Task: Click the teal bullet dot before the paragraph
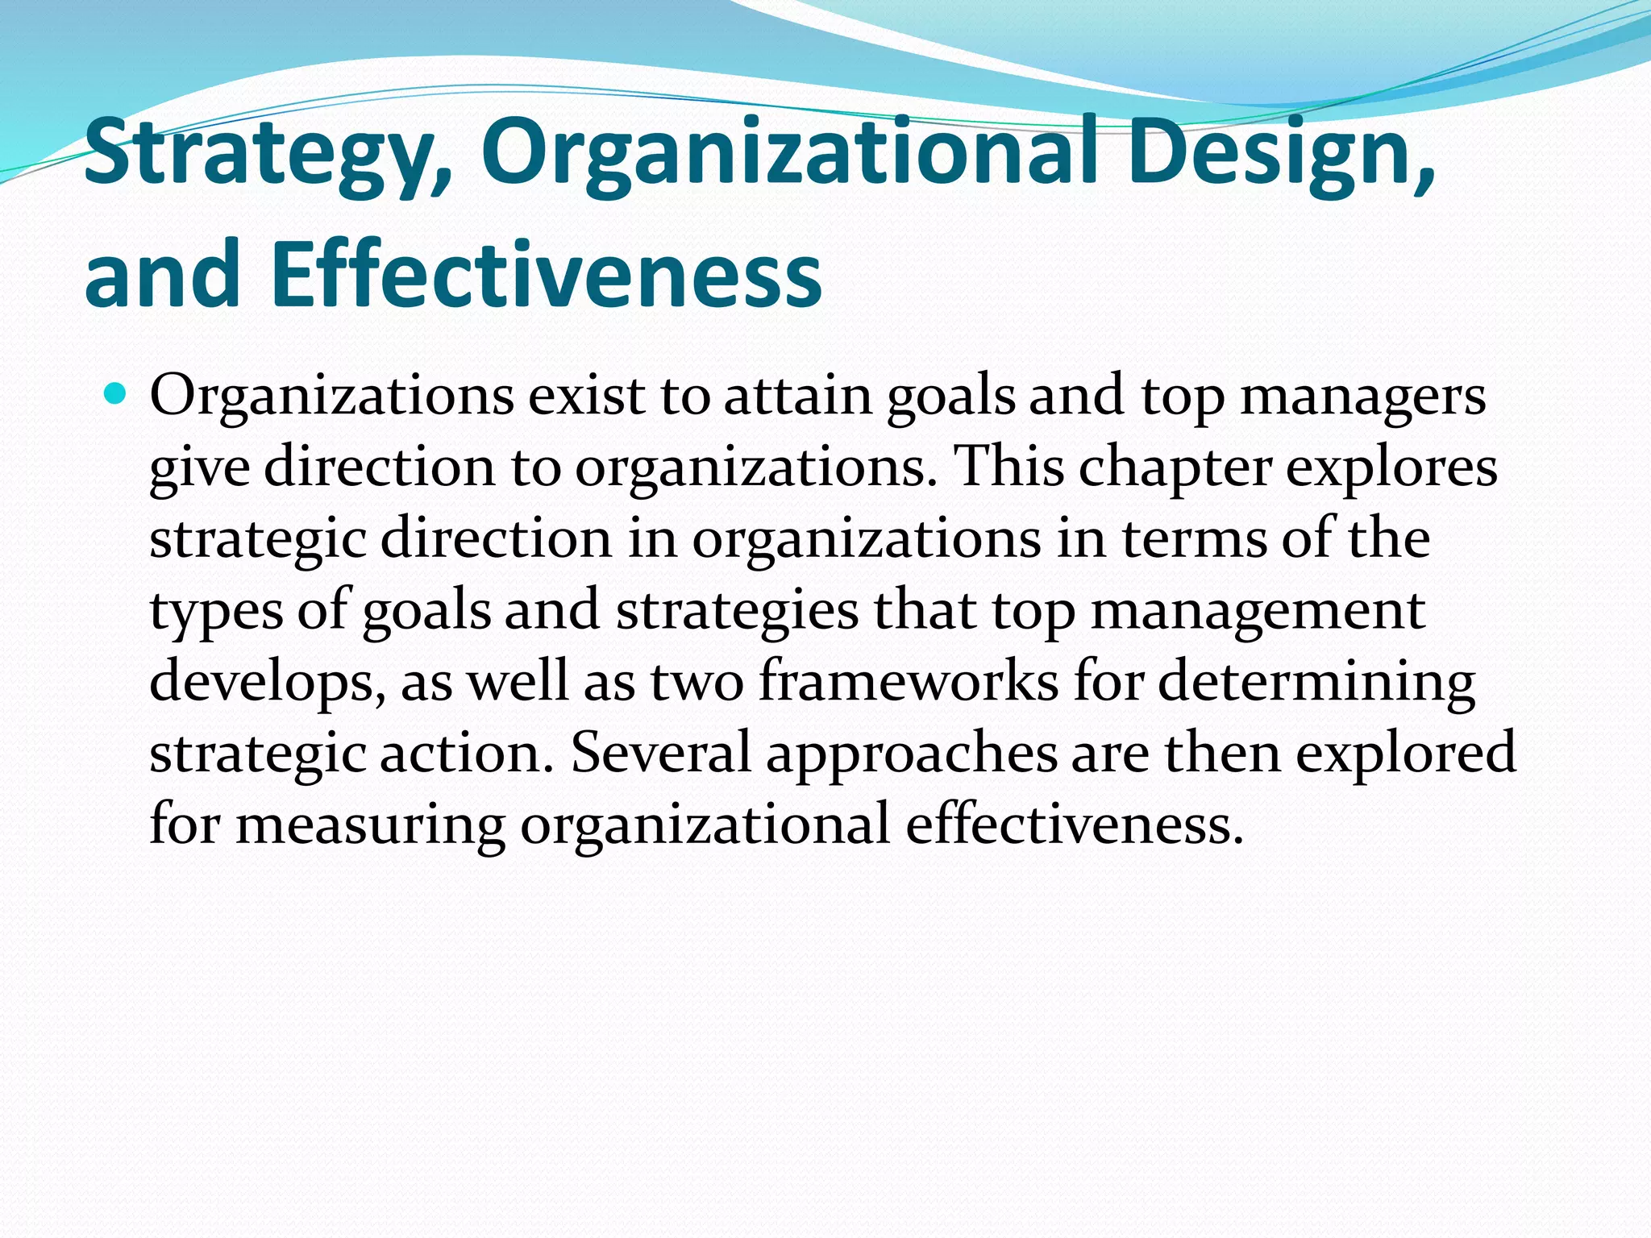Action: pyautogui.click(x=117, y=395)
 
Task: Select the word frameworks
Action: pyautogui.click(x=909, y=682)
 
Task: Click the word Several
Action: pyautogui.click(x=661, y=753)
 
